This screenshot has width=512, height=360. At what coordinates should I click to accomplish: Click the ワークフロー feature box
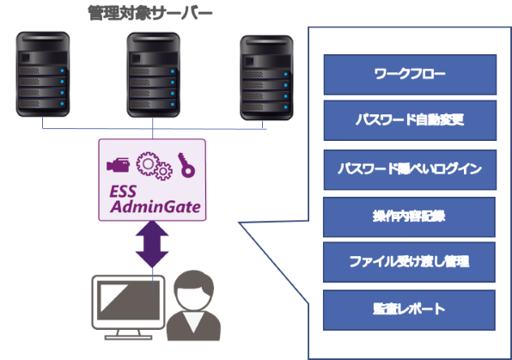pyautogui.click(x=410, y=75)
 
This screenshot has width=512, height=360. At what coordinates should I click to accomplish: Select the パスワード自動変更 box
pyautogui.click(x=410, y=119)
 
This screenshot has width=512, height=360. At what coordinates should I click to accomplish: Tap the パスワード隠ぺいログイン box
pyautogui.click(x=410, y=168)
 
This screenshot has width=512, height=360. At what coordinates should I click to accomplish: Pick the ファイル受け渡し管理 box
pyautogui.click(x=409, y=260)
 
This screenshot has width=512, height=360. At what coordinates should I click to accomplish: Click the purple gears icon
pyautogui.click(x=154, y=162)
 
